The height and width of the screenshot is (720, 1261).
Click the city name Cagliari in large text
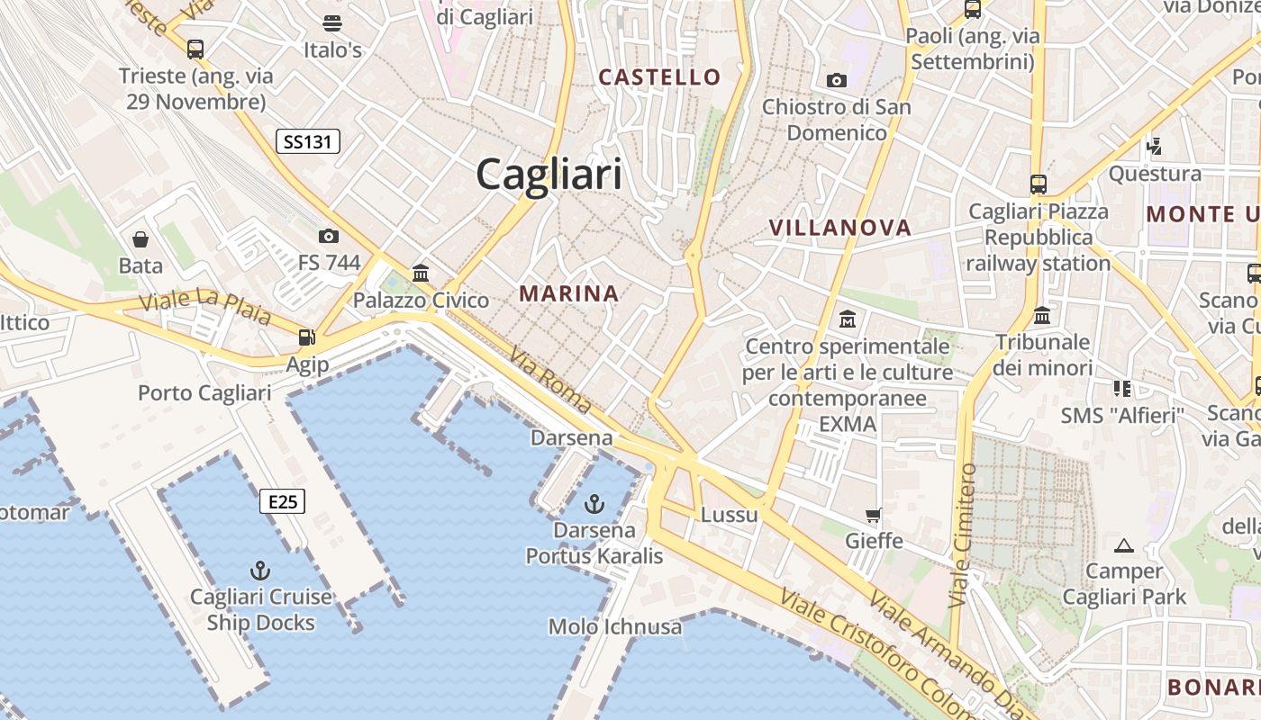pos(549,173)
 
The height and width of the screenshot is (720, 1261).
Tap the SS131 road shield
pos(307,140)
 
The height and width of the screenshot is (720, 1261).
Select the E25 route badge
pos(283,501)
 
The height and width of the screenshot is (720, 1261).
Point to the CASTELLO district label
pos(660,77)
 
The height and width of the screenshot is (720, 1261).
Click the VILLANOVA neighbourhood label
pos(840,228)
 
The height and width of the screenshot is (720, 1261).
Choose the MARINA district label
pos(568,293)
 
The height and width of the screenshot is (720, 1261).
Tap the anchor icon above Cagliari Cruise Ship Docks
pos(259,570)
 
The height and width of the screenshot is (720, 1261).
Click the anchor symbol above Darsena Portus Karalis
pos(594,503)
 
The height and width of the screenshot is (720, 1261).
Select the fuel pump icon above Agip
pos(307,337)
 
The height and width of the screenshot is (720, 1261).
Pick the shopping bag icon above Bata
pos(141,238)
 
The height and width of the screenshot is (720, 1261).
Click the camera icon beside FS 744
pos(329,236)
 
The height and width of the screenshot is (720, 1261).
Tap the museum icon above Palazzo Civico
pos(421,273)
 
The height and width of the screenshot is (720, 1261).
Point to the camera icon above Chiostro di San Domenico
pos(837,80)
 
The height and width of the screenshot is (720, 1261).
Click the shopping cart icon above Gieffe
pos(873,515)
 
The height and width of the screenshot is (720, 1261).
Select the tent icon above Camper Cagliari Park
pos(1123,544)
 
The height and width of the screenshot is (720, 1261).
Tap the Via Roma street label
pos(550,381)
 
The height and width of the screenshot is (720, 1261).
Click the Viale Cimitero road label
pos(963,535)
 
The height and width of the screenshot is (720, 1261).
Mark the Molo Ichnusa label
pos(615,626)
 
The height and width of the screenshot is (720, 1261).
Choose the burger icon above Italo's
pos(332,22)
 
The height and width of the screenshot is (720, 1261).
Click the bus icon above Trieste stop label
pos(195,49)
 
